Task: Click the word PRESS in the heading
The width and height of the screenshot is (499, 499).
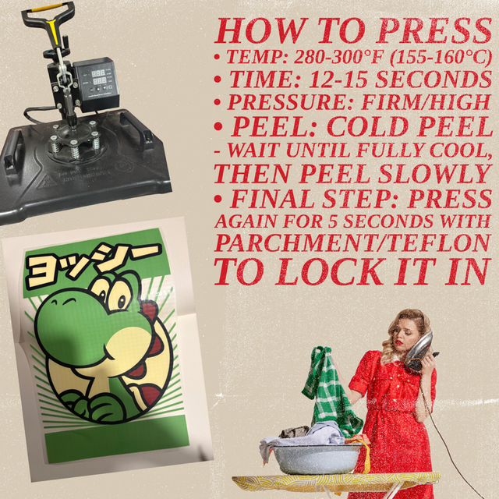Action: point(435,30)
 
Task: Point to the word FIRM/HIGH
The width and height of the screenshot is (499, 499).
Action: point(426,102)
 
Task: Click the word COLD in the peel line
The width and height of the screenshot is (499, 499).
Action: point(367,127)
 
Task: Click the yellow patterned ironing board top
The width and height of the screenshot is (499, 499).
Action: point(336,482)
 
